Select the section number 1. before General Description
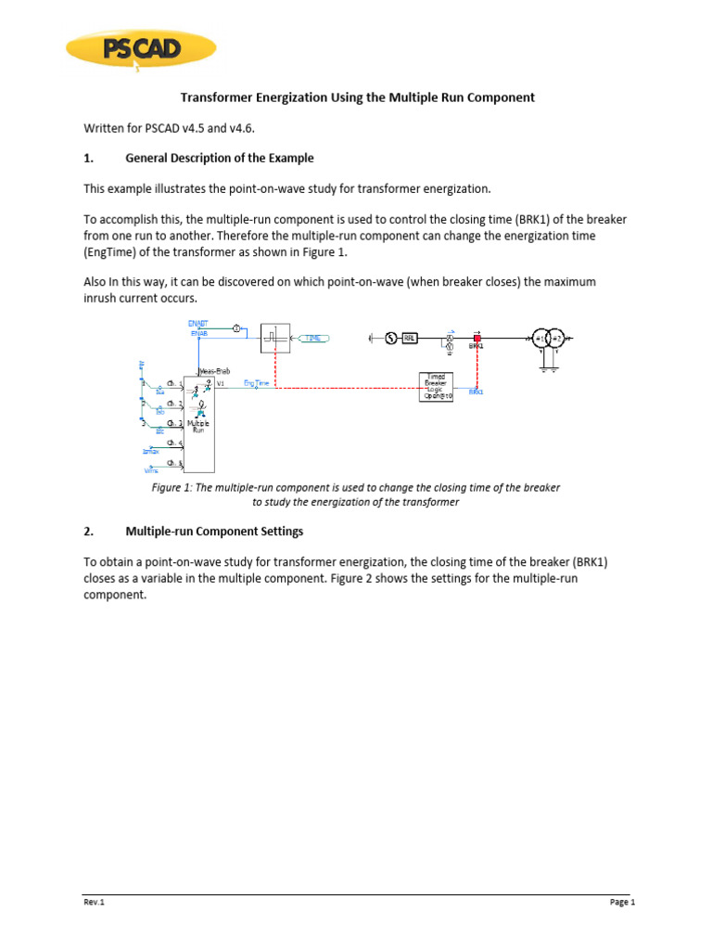[88, 158]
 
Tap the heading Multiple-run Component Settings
[214, 532]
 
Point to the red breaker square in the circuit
[477, 339]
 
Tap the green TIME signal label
[313, 339]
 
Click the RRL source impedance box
[409, 339]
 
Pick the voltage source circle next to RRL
[389, 339]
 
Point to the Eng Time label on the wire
[257, 383]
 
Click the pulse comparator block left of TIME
[275, 337]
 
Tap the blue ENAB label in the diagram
[199, 332]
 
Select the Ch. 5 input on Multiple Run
[174, 463]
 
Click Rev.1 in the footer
[90, 902]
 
